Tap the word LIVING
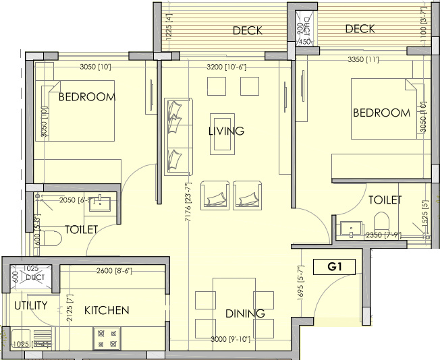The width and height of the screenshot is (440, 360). pos(226,131)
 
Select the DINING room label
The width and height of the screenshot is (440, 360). pos(245,313)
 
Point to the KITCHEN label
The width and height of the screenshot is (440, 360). pos(107,311)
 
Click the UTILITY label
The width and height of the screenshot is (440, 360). pos(31,305)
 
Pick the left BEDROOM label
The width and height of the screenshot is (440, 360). pos(87,97)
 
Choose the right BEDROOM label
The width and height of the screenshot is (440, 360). pos(381,113)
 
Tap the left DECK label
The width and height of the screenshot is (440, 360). pos(247,31)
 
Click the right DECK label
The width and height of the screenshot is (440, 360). pos(360,29)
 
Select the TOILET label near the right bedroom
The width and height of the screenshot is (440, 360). pos(385,200)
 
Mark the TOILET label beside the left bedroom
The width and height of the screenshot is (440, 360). pos(81,230)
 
